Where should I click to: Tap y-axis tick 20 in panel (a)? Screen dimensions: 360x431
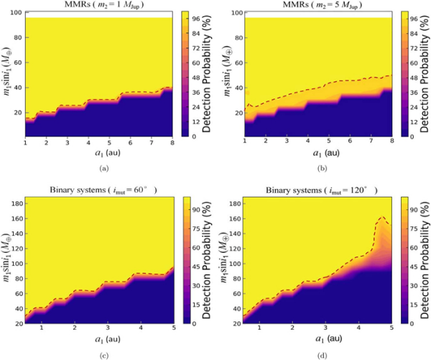pos(17,114)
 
